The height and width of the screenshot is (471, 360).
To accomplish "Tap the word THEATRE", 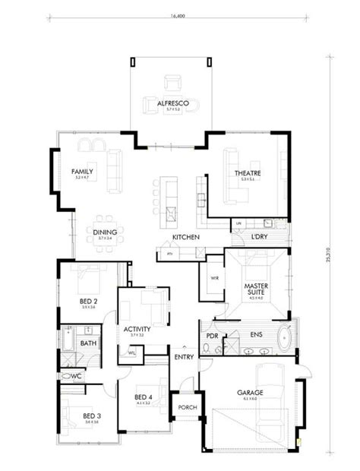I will [x=247, y=173].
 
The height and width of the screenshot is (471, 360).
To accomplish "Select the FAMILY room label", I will [x=82, y=172].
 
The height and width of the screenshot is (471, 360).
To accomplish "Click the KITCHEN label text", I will [x=185, y=238].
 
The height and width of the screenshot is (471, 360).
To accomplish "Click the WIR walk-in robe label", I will [x=214, y=277].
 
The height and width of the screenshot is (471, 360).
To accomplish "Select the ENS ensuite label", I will [x=256, y=333].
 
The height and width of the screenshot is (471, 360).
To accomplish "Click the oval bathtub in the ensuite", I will [x=284, y=337].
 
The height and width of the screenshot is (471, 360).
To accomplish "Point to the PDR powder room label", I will [x=212, y=334].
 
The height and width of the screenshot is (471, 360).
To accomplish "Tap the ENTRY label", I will [x=183, y=356].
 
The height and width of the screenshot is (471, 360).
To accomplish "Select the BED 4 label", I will [x=144, y=397].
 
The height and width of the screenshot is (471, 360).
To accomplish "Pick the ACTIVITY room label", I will [x=137, y=329].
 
